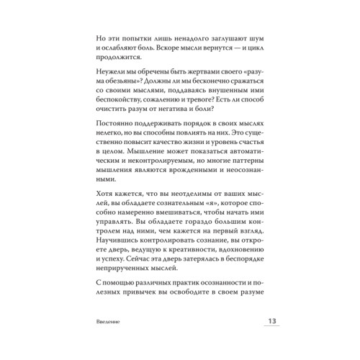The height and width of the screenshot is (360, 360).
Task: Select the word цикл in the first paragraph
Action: pyautogui.click(x=251, y=48)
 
